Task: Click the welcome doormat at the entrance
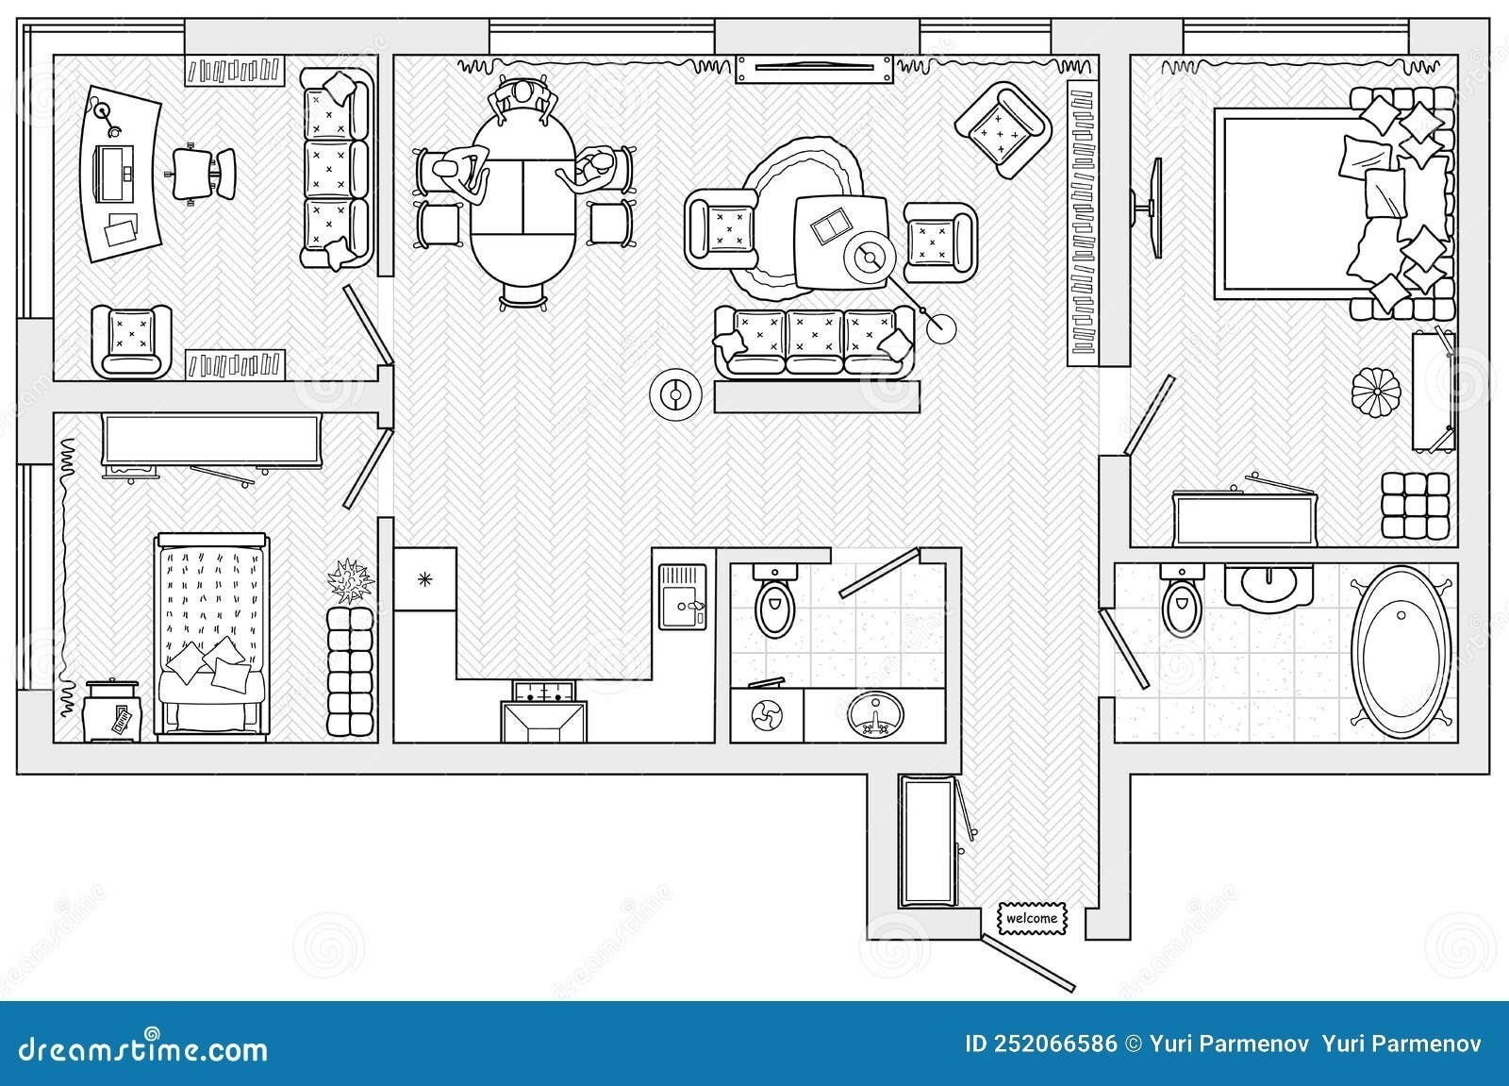pos(1033,919)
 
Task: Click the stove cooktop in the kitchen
pos(544,691)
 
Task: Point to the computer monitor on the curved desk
pos(116,174)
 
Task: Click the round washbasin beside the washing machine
pos(875,715)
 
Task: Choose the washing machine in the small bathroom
pos(768,714)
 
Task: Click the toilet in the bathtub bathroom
pos(1182,601)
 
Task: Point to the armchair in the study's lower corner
pos(131,342)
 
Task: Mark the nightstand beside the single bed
pos(112,711)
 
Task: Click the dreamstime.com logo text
pos(142,1049)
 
